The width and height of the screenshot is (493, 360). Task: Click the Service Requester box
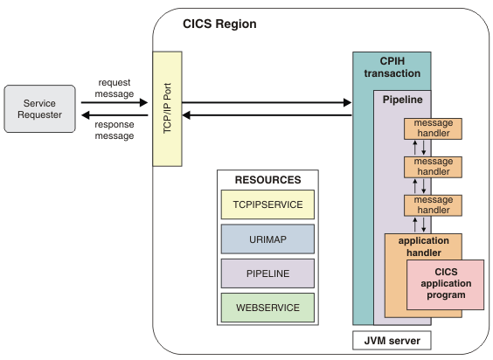coord(39,109)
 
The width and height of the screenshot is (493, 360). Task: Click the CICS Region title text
coord(219,24)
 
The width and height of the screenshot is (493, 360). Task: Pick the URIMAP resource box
coord(267,239)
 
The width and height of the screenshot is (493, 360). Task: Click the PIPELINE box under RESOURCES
coord(267,273)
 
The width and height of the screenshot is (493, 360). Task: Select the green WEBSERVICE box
coord(267,307)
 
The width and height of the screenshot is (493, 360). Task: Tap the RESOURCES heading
coord(267,180)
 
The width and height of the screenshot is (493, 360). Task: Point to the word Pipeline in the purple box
coord(403,100)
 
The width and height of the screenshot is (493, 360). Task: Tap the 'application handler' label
coord(423,246)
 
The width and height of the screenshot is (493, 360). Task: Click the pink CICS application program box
coord(446,284)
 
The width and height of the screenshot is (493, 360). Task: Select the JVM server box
coord(392,338)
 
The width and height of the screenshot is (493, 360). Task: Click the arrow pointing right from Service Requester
coord(110,102)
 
